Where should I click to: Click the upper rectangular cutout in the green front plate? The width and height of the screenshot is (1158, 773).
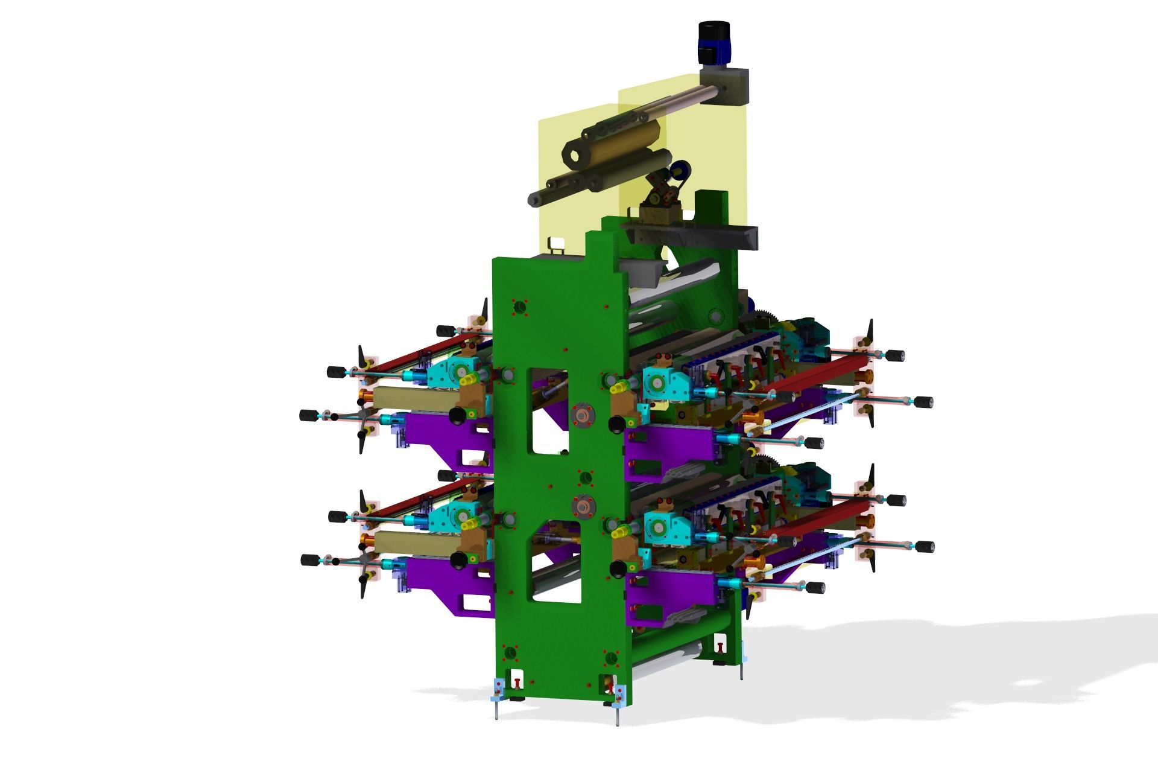coord(547,410)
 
